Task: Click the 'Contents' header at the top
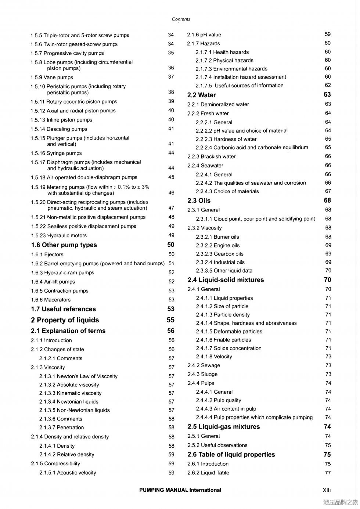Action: click(181, 19)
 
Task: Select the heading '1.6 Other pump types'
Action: click(64, 245)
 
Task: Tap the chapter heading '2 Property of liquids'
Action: click(65, 320)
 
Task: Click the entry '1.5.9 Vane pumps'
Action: click(52, 77)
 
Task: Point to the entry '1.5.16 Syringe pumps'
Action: click(56, 153)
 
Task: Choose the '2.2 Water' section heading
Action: click(202, 95)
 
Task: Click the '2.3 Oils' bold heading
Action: click(199, 201)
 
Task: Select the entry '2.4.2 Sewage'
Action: click(204, 365)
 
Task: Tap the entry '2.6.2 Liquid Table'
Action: click(208, 473)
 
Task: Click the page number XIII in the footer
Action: click(327, 490)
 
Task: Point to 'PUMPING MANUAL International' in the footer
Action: click(180, 490)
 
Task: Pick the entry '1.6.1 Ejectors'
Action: click(47, 254)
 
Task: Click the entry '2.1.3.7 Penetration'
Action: click(61, 427)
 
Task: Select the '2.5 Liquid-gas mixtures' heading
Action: click(224, 427)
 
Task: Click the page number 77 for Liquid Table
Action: click(328, 473)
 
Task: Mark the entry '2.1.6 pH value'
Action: click(204, 35)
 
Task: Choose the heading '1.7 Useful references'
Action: click(64, 309)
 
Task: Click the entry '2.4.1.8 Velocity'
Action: click(214, 357)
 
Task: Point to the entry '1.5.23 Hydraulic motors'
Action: click(59, 235)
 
